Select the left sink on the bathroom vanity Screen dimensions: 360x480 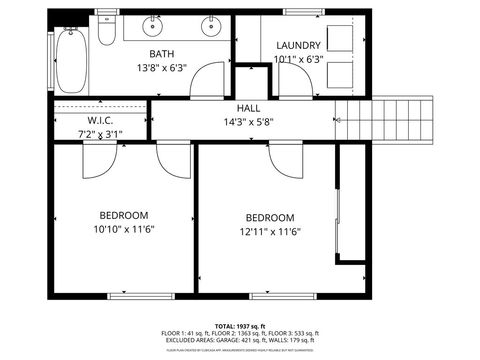(x=156, y=24)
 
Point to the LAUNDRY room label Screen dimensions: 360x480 (x=298, y=45)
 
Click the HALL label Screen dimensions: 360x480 (x=249, y=108)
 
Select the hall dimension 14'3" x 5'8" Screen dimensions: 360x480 (x=249, y=122)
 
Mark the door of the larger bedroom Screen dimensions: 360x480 (x=285, y=160)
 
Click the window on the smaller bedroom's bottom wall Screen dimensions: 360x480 (x=135, y=295)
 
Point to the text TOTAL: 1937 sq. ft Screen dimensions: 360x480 (x=240, y=326)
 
